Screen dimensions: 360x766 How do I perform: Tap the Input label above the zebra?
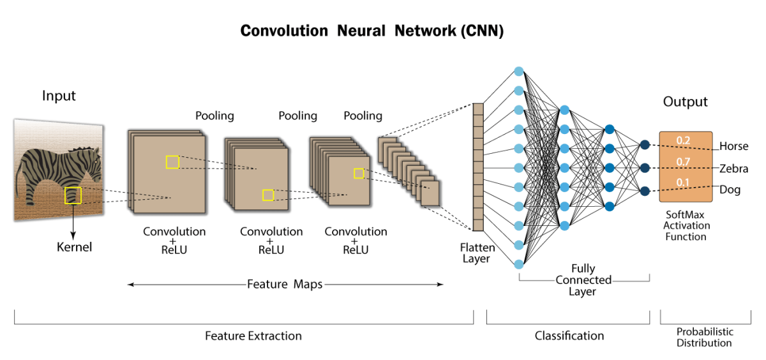(59, 96)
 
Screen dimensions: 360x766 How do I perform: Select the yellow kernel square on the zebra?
(73, 195)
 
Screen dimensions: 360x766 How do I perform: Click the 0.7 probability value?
(684, 162)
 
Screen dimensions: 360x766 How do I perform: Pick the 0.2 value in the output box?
(684, 140)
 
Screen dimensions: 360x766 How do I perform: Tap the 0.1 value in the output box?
(684, 183)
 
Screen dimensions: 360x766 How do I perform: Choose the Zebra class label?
(733, 169)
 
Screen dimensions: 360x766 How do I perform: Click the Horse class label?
(733, 146)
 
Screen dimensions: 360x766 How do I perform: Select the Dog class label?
(730, 190)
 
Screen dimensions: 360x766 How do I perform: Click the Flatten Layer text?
(476, 253)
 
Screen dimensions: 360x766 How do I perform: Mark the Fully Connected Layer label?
(583, 280)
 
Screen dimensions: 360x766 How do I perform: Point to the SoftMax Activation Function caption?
(686, 226)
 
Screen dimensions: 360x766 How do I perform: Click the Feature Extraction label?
(253, 336)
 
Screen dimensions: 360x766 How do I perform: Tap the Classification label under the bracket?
(569, 336)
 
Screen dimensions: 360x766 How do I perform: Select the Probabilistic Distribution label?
(705, 337)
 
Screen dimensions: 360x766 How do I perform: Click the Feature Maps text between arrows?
(285, 284)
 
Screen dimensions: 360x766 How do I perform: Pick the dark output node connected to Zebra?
(645, 168)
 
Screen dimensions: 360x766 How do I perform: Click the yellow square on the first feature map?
(172, 162)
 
